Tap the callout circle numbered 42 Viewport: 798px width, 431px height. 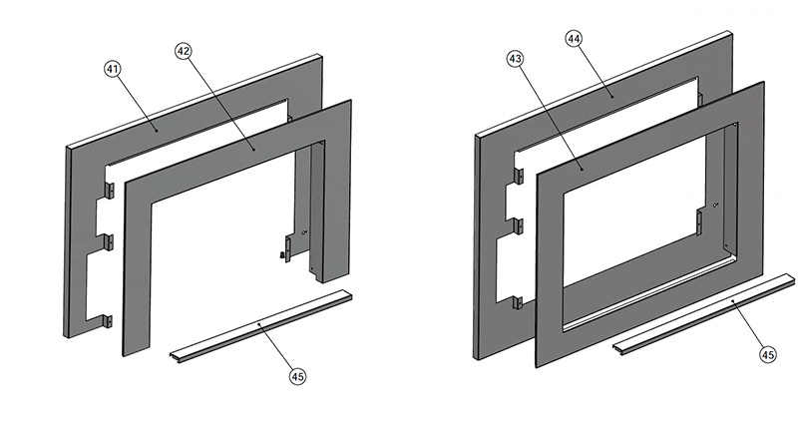183,50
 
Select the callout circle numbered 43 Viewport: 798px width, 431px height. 515,60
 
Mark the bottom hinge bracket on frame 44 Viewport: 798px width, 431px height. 518,300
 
